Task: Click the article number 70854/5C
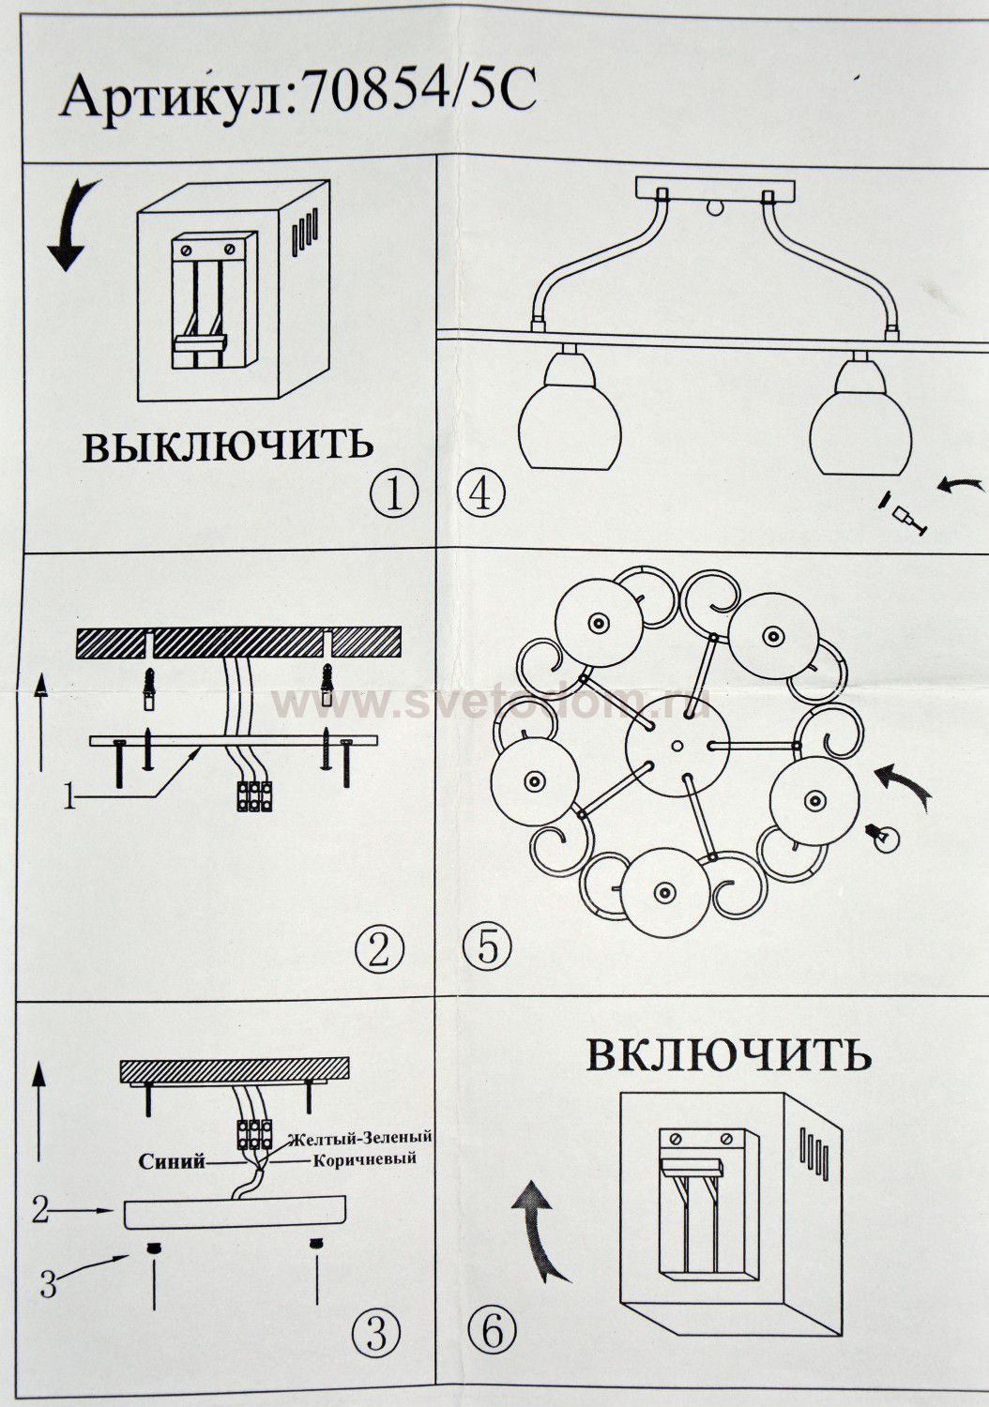(x=419, y=94)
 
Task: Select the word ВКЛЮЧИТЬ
(x=729, y=1054)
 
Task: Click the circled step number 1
(x=394, y=494)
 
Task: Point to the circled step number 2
(x=379, y=949)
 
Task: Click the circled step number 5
(x=488, y=947)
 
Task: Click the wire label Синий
(x=172, y=1163)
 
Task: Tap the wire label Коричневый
(x=364, y=1158)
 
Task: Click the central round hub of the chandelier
(x=677, y=746)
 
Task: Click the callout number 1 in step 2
(x=69, y=800)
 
